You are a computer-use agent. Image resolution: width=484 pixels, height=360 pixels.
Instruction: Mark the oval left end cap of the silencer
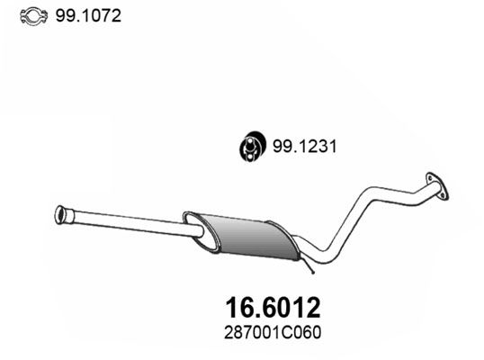pos(190,221)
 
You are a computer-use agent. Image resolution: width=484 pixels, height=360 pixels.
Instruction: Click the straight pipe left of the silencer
pos(126,222)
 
